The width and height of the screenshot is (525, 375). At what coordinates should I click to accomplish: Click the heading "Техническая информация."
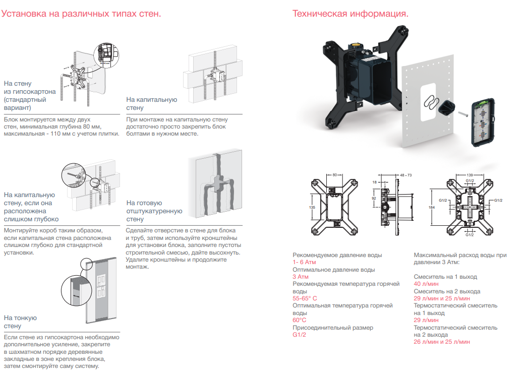[x=350, y=14]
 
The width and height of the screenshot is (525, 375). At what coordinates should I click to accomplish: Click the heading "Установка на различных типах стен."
[x=81, y=14]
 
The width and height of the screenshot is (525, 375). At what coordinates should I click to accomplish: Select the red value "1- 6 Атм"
[x=305, y=263]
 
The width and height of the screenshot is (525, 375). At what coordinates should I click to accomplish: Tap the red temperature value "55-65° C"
[x=305, y=298]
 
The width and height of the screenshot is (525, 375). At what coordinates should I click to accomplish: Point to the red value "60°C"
[x=300, y=320]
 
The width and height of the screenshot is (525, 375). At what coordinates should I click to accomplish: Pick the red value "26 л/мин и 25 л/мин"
[x=442, y=342]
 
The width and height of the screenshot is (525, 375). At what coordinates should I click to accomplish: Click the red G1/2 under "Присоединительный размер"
[x=300, y=335]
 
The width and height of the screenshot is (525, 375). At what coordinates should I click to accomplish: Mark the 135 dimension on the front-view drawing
[x=312, y=207]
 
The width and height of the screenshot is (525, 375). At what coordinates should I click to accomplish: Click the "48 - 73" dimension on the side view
[x=406, y=174]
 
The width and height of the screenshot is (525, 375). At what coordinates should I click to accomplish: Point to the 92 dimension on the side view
[x=374, y=198]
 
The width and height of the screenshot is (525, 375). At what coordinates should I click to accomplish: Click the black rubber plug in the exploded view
[x=447, y=107]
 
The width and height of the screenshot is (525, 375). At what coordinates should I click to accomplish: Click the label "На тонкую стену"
[x=20, y=322]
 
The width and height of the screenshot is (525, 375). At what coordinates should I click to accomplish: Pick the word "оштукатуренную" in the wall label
[x=154, y=211]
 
